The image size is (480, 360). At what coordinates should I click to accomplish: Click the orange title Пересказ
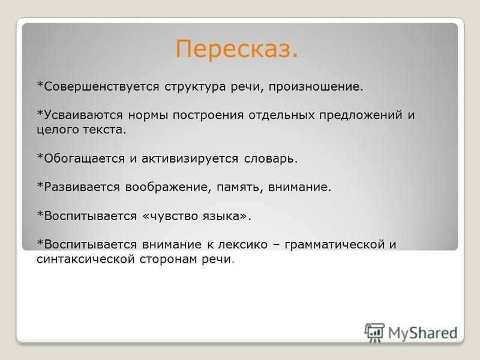point(236,49)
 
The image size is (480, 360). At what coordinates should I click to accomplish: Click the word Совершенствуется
point(101,86)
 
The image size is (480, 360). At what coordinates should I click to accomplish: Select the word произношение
point(316,87)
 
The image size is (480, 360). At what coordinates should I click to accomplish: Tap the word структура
point(195,87)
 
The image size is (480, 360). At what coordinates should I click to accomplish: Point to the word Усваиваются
point(83,115)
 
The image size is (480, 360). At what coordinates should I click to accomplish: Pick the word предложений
point(361,116)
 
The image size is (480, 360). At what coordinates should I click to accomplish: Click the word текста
point(104,130)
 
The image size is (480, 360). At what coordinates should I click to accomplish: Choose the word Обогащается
point(84,159)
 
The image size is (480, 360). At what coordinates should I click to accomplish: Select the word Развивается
point(82,187)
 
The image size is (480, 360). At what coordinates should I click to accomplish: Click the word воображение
point(168,187)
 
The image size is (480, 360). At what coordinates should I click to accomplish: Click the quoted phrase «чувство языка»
point(197,216)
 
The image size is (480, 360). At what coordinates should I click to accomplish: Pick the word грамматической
point(335,245)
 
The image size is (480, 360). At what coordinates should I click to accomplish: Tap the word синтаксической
point(85,259)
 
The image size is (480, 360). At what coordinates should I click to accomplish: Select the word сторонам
point(168,260)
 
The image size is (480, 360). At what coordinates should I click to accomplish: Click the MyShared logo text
point(423,333)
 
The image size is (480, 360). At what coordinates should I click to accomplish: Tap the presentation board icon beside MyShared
point(374,333)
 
